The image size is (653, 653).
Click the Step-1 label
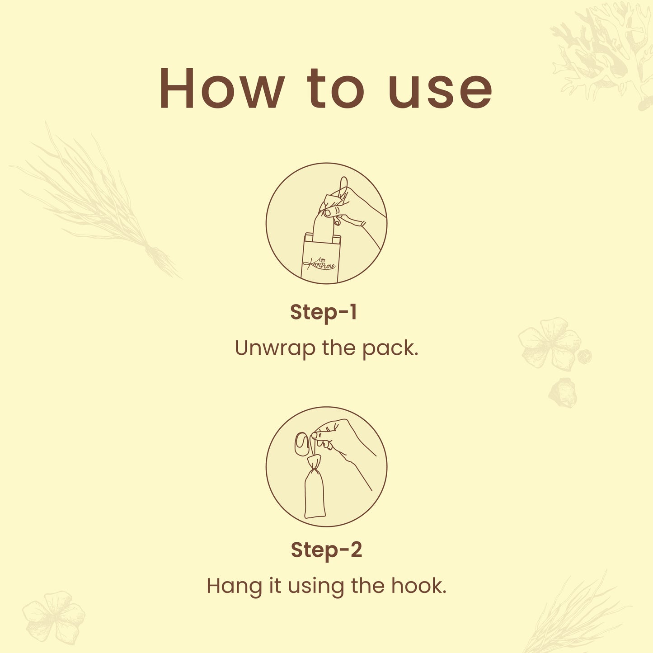(x=324, y=312)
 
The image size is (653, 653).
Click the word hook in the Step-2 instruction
(x=419, y=586)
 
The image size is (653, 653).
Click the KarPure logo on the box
(x=319, y=263)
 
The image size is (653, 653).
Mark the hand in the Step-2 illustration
(x=342, y=444)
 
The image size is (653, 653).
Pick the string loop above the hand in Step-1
(x=343, y=188)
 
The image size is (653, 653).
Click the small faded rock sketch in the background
(x=563, y=392)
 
